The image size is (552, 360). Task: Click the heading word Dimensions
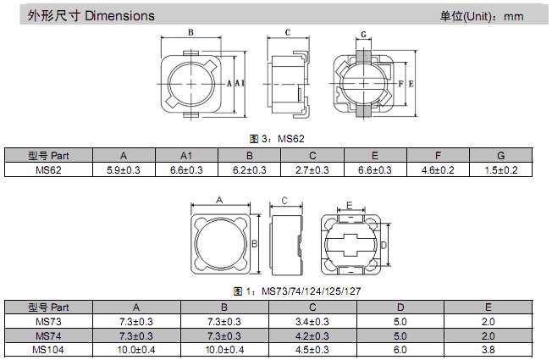(x=119, y=16)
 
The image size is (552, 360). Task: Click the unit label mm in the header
(x=513, y=17)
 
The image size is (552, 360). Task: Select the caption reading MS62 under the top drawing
(x=290, y=139)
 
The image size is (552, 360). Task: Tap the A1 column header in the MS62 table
(x=186, y=156)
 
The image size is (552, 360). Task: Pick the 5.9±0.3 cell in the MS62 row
(x=124, y=170)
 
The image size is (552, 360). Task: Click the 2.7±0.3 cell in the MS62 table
(x=312, y=170)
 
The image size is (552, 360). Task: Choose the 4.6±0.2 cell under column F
(x=438, y=170)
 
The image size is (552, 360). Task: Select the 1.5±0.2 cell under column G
(x=501, y=170)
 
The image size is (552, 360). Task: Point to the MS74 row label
(x=48, y=335)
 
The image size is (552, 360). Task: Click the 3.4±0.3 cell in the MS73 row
(x=312, y=322)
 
